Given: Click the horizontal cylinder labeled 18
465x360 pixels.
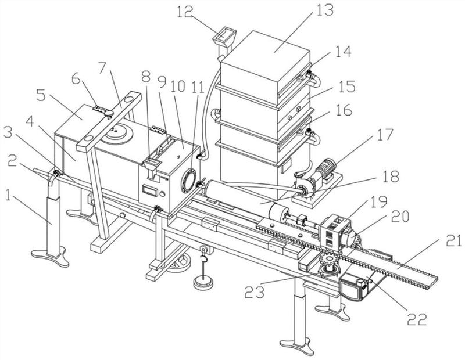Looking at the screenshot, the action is tap(233, 195).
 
